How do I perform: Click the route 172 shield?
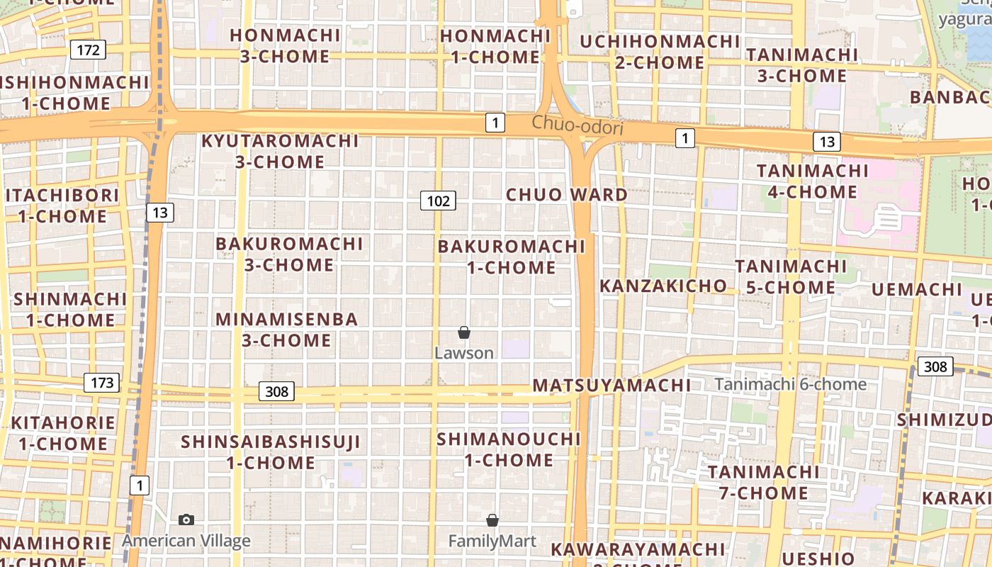coord(88,50)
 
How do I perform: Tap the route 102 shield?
coord(438,201)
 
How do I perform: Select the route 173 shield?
coord(102,383)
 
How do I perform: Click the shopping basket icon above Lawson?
coord(464,332)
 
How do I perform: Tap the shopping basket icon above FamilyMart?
coord(492,521)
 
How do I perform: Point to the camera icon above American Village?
coord(186,520)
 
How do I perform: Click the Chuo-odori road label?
coord(577,125)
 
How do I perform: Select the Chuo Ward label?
coord(567,194)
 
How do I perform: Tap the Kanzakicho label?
coord(663,286)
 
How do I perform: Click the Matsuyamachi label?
coord(611,386)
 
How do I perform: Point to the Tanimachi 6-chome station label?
coord(790,384)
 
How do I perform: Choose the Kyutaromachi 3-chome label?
coord(280,151)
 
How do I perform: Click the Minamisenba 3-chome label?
coord(287,330)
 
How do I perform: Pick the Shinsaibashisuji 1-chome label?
coord(271,452)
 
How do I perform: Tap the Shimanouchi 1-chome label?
coord(509,449)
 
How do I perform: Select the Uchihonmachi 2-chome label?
coord(660,52)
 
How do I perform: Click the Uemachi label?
coord(916,289)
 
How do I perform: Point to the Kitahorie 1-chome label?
coord(63,433)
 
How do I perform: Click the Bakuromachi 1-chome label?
coord(512,257)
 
